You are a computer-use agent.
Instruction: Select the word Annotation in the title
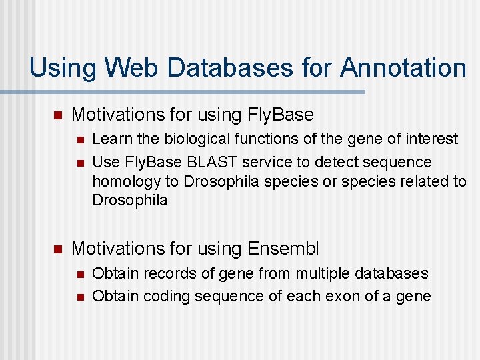[403, 68]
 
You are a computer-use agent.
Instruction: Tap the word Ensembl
[283, 249]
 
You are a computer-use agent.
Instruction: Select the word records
[165, 273]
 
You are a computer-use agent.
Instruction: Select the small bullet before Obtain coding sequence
[79, 297]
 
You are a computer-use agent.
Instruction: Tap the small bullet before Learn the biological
[79, 139]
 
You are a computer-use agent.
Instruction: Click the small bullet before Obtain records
[79, 274]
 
